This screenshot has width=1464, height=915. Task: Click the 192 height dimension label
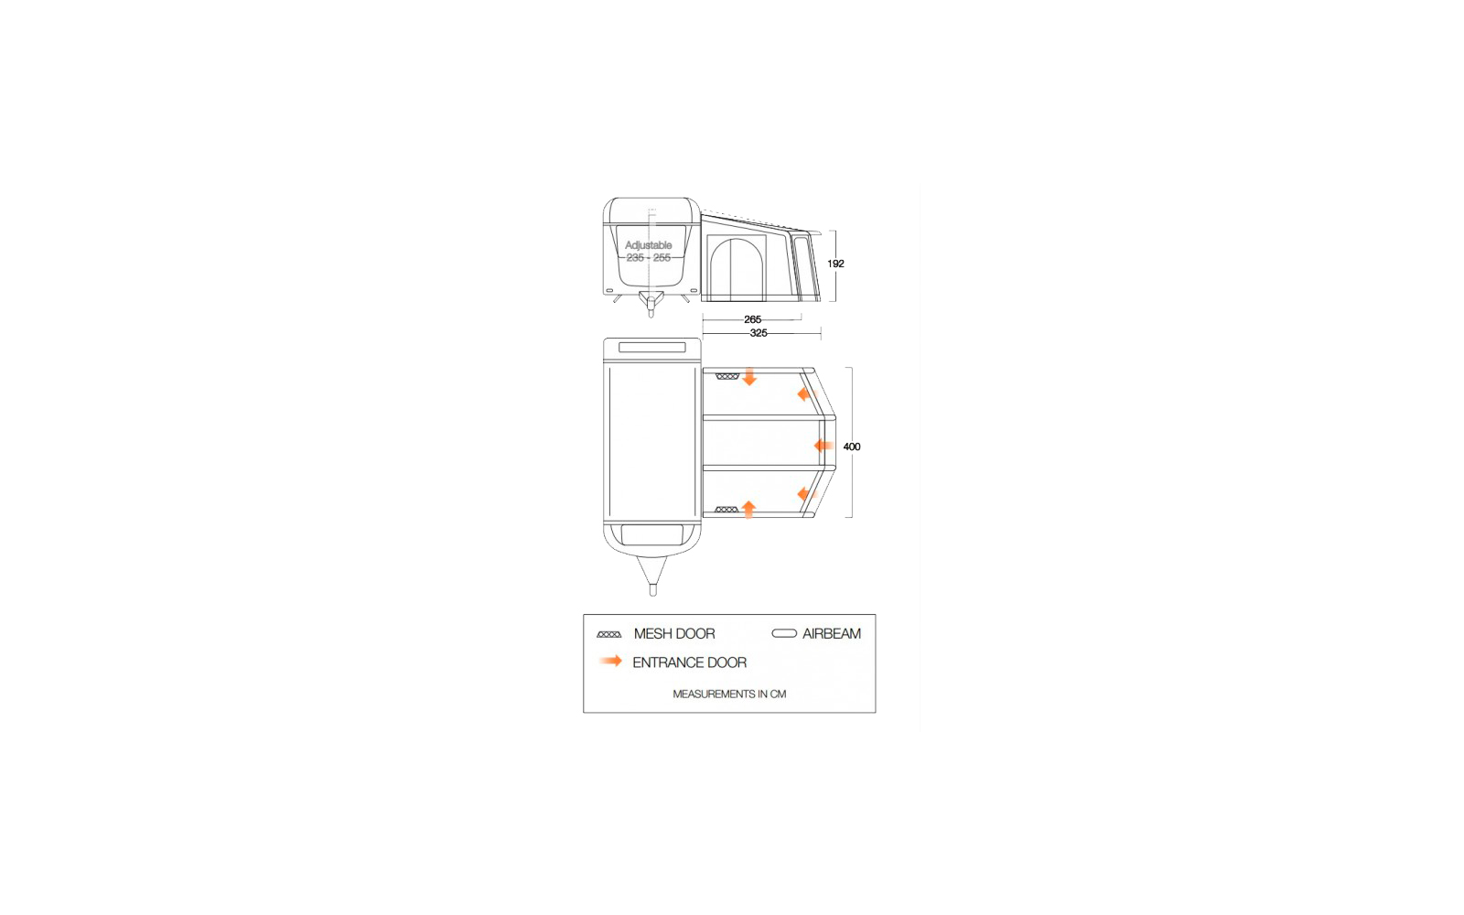pos(835,264)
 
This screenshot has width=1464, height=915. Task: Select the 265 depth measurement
pos(752,319)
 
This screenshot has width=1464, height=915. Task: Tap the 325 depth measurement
pos(759,333)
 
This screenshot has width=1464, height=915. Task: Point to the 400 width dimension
pos(852,447)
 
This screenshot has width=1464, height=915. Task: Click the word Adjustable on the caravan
pos(649,245)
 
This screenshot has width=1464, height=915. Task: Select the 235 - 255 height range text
pos(649,257)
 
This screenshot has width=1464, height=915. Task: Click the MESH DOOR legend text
pos(673,633)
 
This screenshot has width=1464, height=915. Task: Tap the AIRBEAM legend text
pos(832,633)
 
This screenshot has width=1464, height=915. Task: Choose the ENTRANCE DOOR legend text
pos(690,662)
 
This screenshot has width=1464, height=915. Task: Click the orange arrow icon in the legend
pos(610,662)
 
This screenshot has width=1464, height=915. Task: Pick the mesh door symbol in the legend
pos(608,634)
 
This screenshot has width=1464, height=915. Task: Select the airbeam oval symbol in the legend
pos(783,633)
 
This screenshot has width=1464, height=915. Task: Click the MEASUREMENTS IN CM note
pos(729,694)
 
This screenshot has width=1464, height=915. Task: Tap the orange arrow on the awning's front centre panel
pos(823,446)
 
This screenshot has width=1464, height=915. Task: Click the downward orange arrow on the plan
pos(749,376)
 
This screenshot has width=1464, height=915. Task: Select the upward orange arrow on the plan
pos(749,509)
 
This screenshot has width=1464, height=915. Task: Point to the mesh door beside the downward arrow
pos(727,376)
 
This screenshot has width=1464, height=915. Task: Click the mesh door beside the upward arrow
pos(727,509)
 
